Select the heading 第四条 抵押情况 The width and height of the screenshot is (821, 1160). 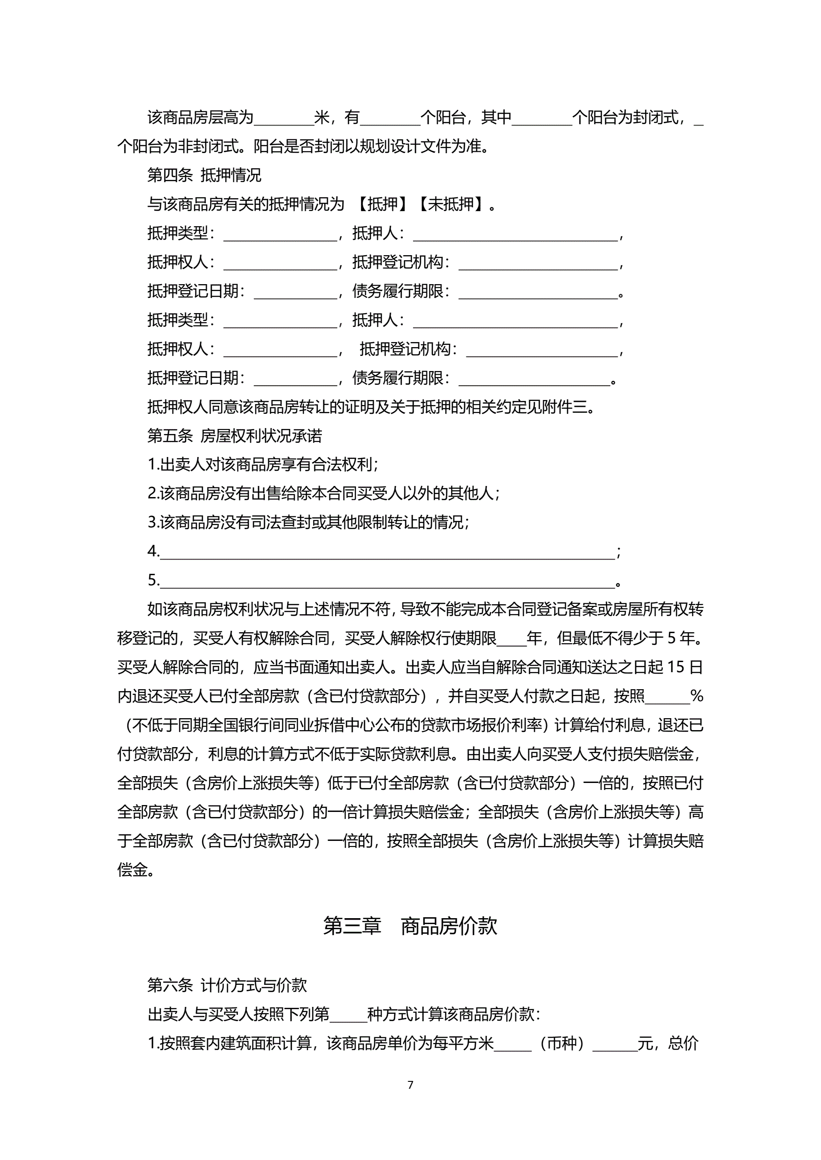(204, 175)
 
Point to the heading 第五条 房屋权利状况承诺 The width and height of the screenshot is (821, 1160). (235, 435)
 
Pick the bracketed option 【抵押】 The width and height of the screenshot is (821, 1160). (382, 204)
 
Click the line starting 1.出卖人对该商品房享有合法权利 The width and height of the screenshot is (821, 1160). (263, 464)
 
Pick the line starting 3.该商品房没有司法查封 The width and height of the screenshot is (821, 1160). (308, 522)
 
